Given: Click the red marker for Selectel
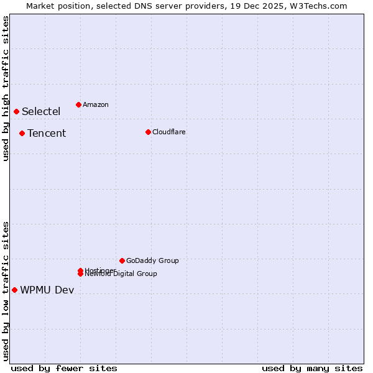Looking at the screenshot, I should (x=16, y=111).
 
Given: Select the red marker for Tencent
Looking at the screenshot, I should (x=22, y=133).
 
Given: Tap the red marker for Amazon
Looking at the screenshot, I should (x=78, y=104).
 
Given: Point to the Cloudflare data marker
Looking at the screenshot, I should (x=148, y=132).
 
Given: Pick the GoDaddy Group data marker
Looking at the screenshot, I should (x=122, y=260).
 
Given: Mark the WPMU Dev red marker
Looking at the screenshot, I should (x=14, y=290).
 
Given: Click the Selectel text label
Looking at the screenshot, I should (x=41, y=112).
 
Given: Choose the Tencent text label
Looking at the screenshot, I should (x=47, y=134).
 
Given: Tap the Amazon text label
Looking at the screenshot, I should (x=96, y=104).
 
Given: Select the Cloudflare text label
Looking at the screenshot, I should (x=169, y=132).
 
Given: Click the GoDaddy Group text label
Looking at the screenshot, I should (x=152, y=260).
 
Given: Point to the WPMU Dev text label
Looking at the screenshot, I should (x=47, y=290).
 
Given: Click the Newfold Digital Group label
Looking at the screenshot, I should (x=121, y=274).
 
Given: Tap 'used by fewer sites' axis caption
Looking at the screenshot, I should (x=64, y=368).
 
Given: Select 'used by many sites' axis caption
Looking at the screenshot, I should (x=312, y=368).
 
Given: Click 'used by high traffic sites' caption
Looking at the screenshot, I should (x=6, y=89).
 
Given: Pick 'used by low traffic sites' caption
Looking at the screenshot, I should (x=6, y=290).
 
